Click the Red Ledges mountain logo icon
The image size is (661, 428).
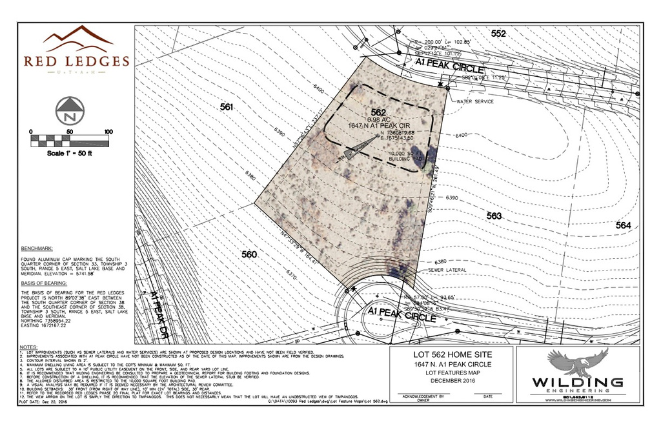click(77, 40)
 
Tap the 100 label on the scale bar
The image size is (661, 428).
click(108, 132)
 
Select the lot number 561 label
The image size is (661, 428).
click(226, 108)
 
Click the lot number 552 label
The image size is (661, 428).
click(498, 34)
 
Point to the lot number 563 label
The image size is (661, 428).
click(494, 216)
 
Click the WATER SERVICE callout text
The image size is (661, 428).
click(475, 102)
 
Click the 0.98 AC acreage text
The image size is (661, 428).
click(378, 119)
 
